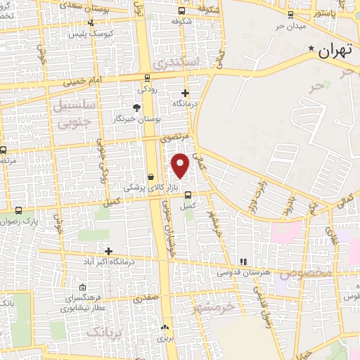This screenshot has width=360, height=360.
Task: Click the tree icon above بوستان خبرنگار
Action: click(x=136, y=108)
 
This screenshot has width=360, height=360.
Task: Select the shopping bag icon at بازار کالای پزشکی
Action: click(x=151, y=176)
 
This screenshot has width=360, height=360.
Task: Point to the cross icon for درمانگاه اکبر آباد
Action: click(x=108, y=251)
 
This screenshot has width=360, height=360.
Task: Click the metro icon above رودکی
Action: click(x=146, y=78)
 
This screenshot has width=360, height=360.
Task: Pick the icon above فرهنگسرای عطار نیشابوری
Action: click(x=83, y=287)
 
